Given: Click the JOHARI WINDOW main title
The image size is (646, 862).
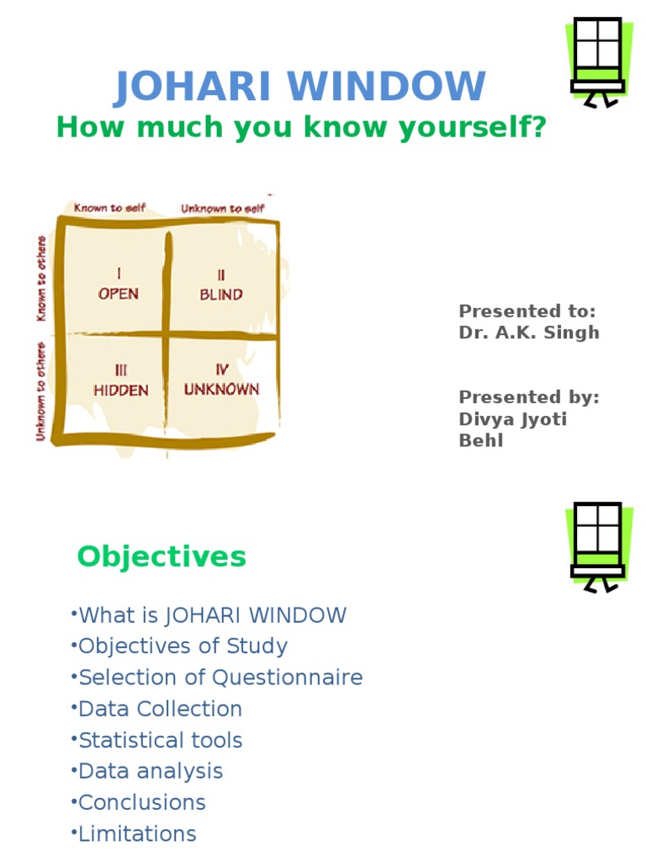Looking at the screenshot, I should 300,87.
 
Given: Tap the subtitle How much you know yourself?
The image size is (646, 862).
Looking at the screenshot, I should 301,128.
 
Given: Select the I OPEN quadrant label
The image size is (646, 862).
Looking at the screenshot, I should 118,284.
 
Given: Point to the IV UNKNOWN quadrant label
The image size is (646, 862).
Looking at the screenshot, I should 221,380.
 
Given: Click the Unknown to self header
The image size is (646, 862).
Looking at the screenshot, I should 222,207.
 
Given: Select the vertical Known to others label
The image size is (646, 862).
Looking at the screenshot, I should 40,278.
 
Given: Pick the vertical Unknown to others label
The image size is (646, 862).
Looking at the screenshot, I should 40,391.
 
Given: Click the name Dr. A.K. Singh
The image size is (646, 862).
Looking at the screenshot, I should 529,332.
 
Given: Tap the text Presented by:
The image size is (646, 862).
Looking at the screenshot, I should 529,397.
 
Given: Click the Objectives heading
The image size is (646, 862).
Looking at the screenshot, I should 161,556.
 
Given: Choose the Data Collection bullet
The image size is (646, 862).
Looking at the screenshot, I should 158,709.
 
